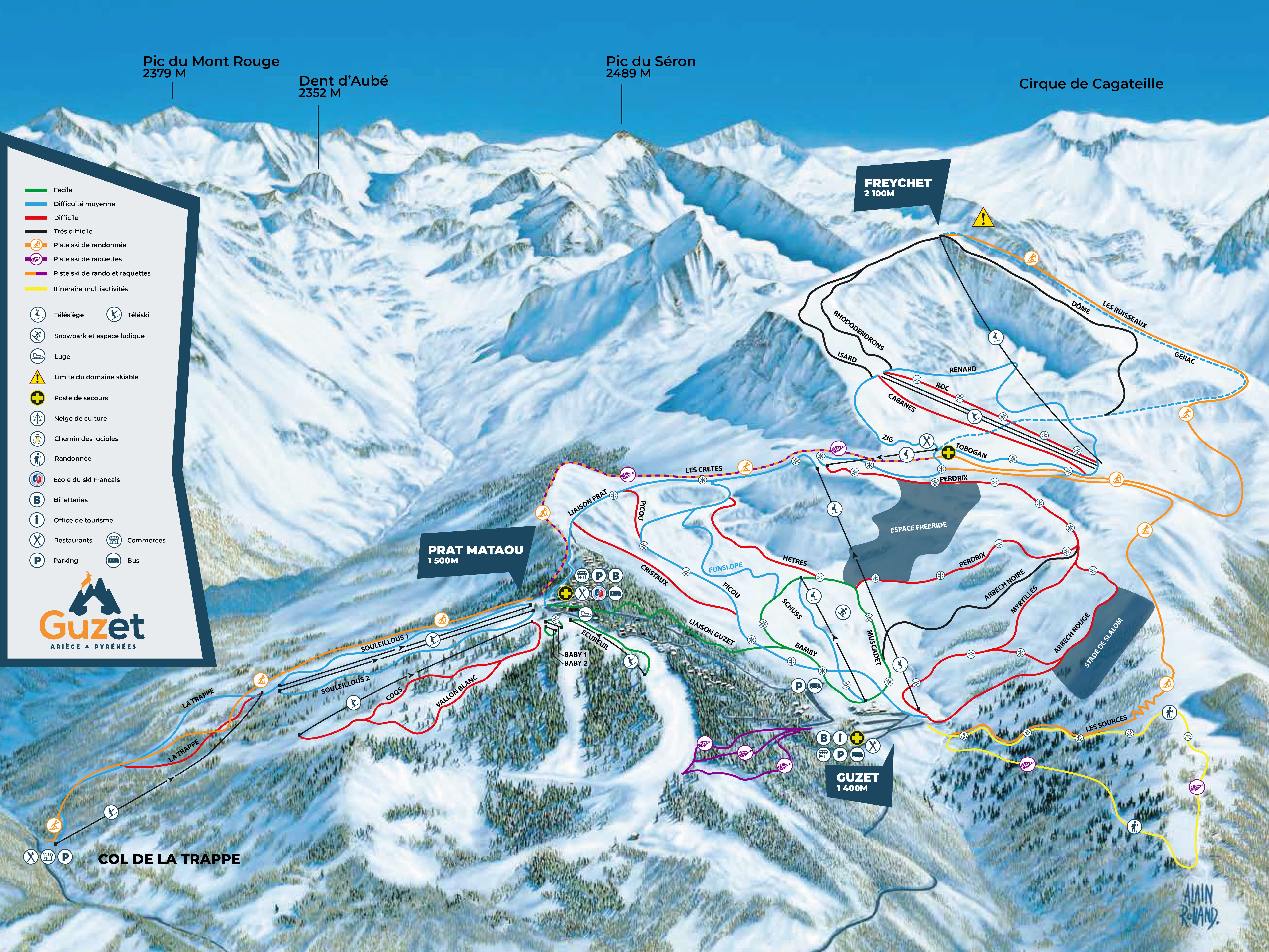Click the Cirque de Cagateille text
pyautogui.click(x=1091, y=84)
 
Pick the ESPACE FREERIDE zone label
pyautogui.click(x=918, y=527)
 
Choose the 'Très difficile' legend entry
pyautogui.click(x=73, y=231)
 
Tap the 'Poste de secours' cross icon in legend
pyautogui.click(x=37, y=398)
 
